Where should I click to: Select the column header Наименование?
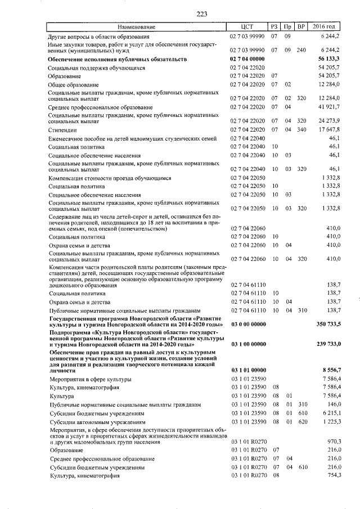tap(137, 27)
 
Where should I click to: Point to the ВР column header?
tap(301, 27)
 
